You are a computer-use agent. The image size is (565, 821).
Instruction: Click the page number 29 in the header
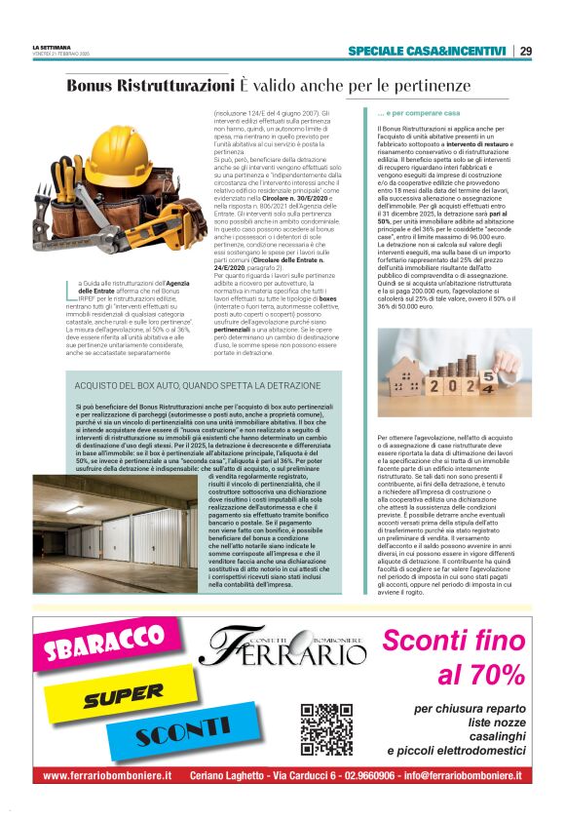[525, 52]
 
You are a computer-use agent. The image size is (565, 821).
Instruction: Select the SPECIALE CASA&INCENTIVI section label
[428, 52]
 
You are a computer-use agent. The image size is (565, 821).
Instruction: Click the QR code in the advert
[326, 729]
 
